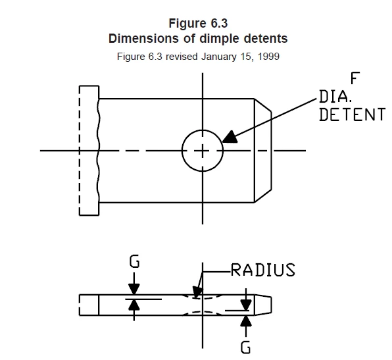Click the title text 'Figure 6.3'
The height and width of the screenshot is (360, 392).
[198, 23]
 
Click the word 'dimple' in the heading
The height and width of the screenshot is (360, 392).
[220, 39]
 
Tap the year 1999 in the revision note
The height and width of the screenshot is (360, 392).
[268, 57]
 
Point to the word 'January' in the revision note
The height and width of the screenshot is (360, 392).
[219, 57]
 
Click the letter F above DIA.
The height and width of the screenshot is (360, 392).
[355, 78]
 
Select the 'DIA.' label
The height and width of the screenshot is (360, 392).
[335, 97]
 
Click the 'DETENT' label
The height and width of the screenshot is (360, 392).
[353, 115]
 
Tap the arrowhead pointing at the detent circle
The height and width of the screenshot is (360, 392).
[230, 137]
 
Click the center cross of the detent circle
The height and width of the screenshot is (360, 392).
[203, 151]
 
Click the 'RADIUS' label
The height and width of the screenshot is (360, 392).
[262, 270]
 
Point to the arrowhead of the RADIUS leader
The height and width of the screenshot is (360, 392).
[197, 292]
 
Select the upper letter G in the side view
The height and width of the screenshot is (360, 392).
[134, 261]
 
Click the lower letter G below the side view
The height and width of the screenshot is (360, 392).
[245, 347]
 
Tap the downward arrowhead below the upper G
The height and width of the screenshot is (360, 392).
[134, 289]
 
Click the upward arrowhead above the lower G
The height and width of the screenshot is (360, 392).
[246, 321]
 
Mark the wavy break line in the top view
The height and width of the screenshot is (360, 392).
[98, 151]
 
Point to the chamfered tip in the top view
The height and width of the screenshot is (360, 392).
[263, 151]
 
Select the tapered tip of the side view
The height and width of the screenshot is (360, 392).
[263, 305]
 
